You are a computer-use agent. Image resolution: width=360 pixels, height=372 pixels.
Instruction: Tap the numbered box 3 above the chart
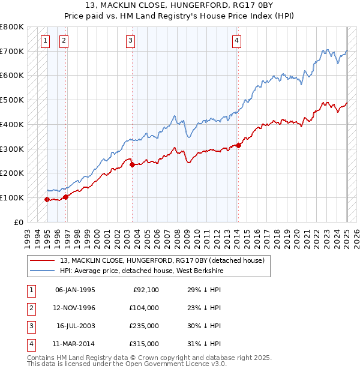pyautogui.click(x=130, y=41)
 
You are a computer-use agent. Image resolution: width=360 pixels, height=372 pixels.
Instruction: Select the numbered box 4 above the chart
pyautogui.click(x=237, y=41)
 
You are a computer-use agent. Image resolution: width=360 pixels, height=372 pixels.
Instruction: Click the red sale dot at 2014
pyautogui.click(x=239, y=145)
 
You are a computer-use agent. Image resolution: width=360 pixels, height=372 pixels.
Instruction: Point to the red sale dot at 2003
pyautogui.click(x=132, y=164)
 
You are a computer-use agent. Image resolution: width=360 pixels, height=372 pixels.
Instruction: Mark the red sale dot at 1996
pyautogui.click(x=65, y=197)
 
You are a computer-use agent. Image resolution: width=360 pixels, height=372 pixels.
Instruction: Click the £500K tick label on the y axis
pyautogui.click(x=12, y=100)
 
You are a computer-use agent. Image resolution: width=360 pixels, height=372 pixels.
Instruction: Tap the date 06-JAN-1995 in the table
pyautogui.click(x=75, y=290)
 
